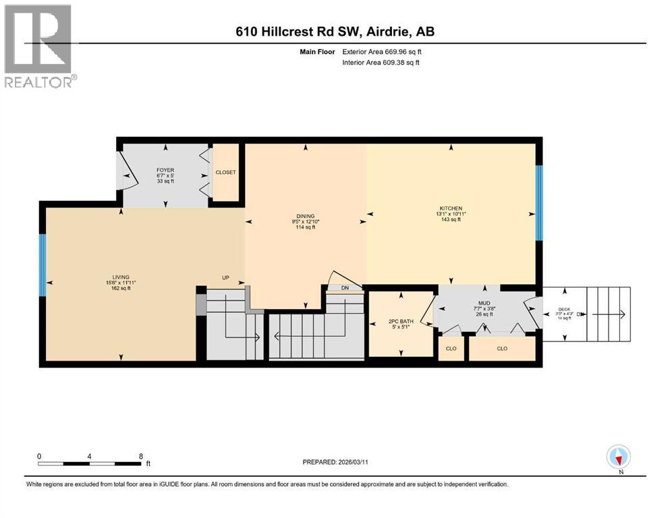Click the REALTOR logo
tap(38, 46)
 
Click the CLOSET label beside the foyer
tap(225, 173)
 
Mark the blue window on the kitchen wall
tap(538, 203)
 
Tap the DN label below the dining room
tap(345, 288)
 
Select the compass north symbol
tap(619, 457)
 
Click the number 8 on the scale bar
tap(140, 455)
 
